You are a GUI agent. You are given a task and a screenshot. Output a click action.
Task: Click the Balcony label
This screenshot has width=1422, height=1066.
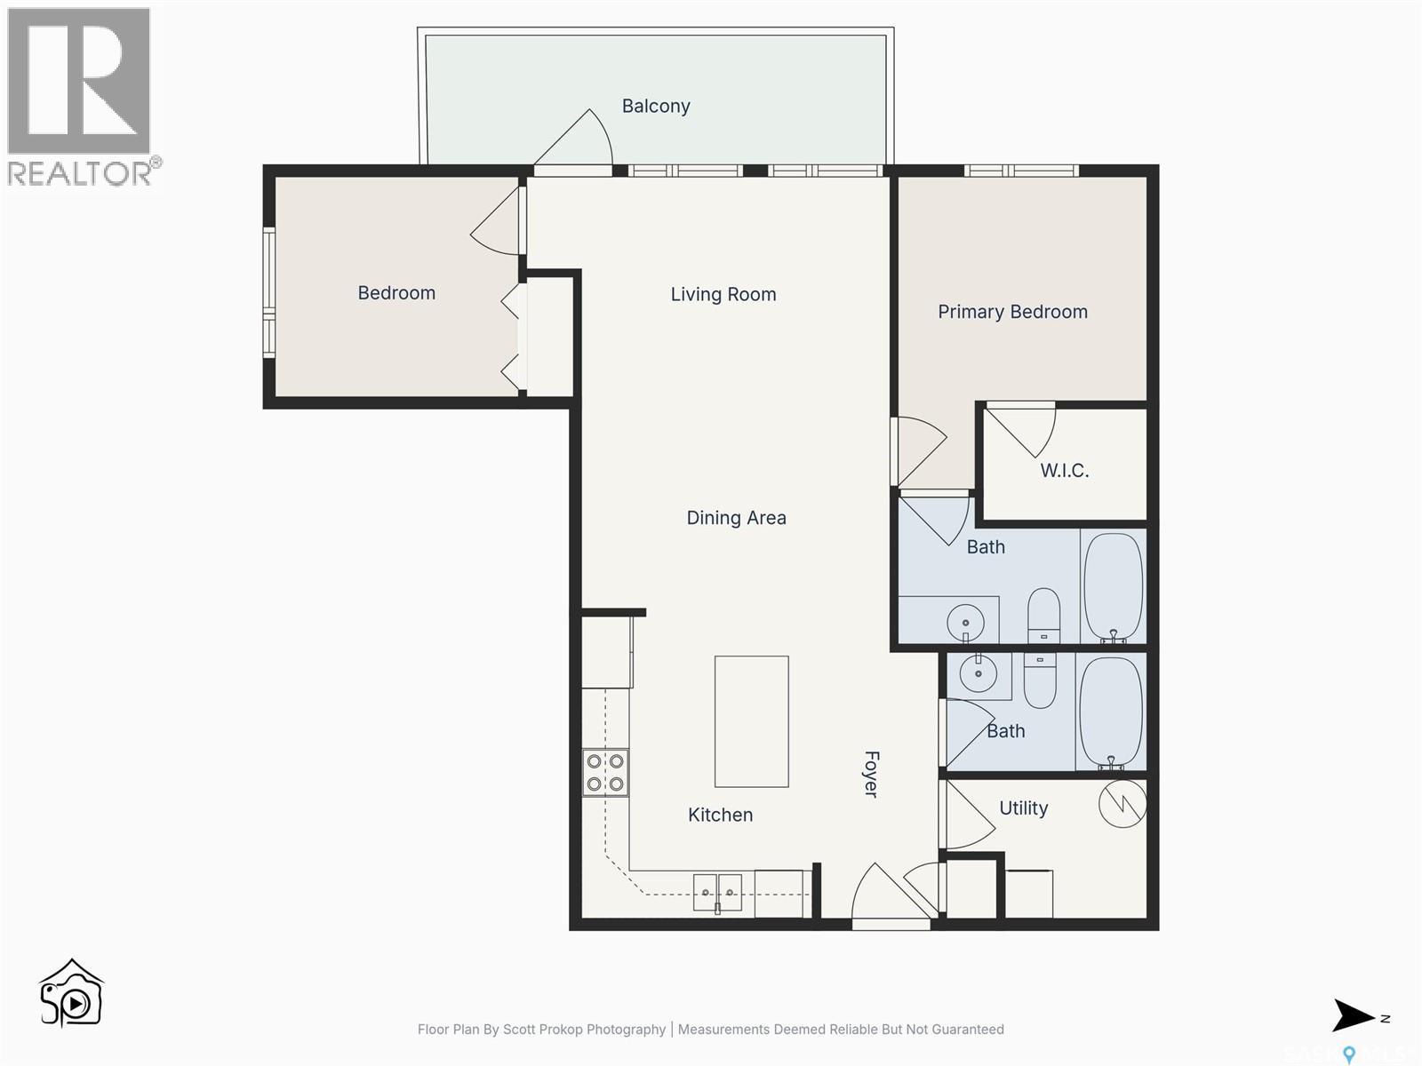point(656,107)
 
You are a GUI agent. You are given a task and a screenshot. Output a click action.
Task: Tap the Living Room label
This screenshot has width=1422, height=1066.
point(723,294)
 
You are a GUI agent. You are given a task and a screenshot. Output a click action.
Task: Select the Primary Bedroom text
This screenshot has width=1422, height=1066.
point(1012,312)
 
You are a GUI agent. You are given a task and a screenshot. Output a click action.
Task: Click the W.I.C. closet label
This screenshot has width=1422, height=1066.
point(1064,471)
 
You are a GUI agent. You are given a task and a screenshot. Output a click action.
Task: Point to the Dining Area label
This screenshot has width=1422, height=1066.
point(736,518)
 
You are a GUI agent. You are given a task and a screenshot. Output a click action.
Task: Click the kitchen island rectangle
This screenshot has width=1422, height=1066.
point(751,721)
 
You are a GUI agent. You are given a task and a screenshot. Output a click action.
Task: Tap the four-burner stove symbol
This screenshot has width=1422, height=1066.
point(605,773)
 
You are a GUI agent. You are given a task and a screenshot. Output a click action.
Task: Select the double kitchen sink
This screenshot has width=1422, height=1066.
point(717,892)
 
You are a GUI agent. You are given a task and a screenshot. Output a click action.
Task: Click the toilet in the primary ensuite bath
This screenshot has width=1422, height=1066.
point(1043,615)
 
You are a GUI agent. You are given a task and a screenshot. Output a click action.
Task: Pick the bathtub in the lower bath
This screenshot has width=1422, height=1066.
point(1110,713)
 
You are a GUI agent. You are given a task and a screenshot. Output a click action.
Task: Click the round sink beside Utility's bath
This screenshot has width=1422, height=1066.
point(979,674)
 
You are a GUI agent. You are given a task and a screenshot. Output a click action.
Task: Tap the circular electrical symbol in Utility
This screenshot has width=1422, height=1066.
point(1122,804)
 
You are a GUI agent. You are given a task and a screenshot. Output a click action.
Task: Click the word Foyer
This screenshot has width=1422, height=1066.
point(872,774)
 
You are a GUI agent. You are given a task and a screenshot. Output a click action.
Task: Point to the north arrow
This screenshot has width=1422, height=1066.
point(1354,1016)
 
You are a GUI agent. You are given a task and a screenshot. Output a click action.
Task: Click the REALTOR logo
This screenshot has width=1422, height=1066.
point(81,96)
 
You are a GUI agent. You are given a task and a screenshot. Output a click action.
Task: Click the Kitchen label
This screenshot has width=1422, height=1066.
point(720,815)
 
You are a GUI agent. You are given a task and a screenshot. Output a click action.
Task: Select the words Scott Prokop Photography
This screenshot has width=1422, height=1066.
point(584,1030)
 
